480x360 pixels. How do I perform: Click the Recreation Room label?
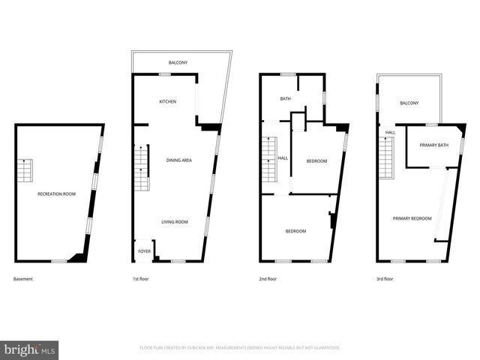coord(57,194)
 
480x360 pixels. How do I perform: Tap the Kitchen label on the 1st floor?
coord(167,101)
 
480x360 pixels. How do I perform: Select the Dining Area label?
coord(179,160)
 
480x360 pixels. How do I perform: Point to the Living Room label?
coord(175,221)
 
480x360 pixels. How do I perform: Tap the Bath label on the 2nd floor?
coord(286,99)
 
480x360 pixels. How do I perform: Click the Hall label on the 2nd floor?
coord(283,158)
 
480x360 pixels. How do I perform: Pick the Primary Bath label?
coord(433,145)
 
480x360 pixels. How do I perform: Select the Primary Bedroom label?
coord(412,218)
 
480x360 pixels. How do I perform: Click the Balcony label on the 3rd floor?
coord(409,103)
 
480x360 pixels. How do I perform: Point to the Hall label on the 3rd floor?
coord(391,133)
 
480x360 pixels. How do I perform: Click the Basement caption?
coord(23,279)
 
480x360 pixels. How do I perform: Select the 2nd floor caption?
coord(268,279)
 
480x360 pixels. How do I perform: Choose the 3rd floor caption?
coord(385,279)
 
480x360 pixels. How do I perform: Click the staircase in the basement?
coord(25,172)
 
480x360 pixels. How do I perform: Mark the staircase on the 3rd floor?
coord(385,160)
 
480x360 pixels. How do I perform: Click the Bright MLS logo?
coord(30,349)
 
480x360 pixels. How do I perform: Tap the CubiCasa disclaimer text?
coord(240,348)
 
